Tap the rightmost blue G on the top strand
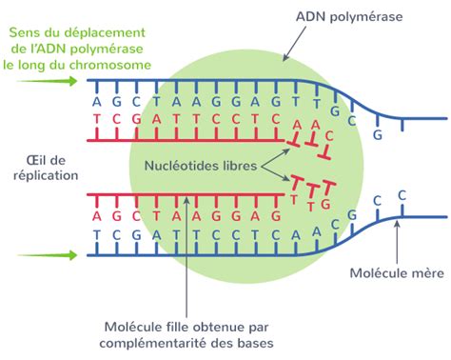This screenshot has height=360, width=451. tap(378, 136)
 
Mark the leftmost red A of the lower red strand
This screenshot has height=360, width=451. tap(97, 214)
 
